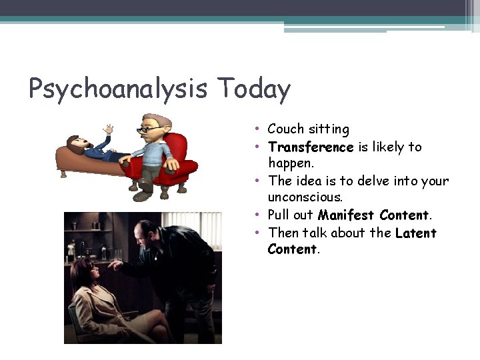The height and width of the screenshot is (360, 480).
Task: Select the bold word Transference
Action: [310, 147]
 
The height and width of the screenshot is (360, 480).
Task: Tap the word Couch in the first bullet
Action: [285, 129]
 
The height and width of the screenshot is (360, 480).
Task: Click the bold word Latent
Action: [415, 233]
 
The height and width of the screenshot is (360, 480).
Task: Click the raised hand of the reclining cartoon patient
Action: [109, 129]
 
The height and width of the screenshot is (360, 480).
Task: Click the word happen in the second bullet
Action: [289, 163]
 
